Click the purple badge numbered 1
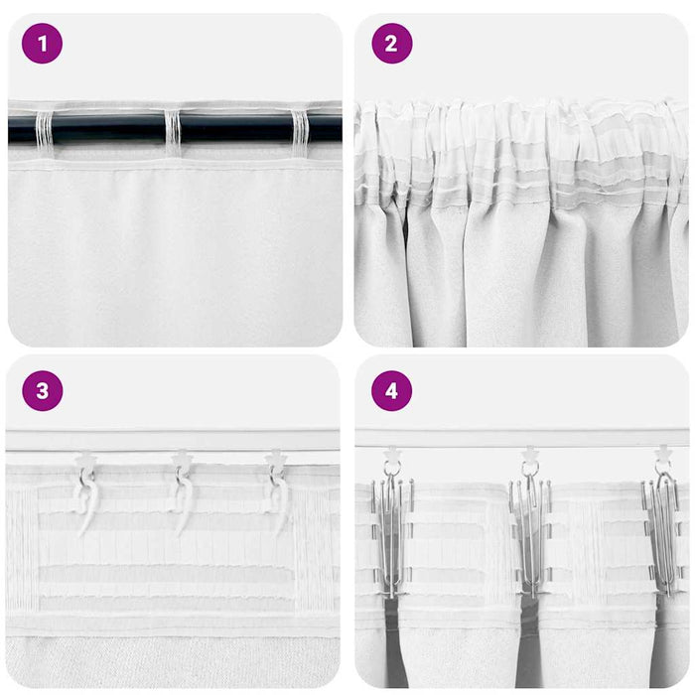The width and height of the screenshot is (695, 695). (42, 44)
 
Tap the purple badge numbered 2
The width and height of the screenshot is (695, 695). (391, 44)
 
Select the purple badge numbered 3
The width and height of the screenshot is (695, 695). (42, 390)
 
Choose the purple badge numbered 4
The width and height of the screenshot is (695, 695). (391, 390)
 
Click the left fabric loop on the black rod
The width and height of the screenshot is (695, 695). (44, 130)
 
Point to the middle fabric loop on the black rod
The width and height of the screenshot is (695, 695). (173, 130)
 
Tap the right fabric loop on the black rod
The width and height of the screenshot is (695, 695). (300, 130)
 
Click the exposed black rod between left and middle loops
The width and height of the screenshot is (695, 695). (108, 129)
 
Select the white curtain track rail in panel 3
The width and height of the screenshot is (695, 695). (174, 441)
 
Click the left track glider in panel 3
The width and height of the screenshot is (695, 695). (85, 461)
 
